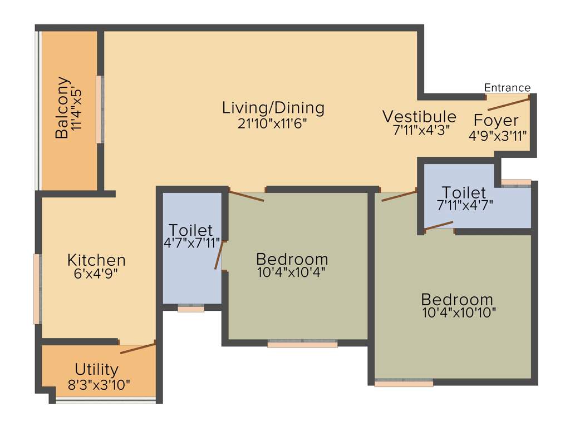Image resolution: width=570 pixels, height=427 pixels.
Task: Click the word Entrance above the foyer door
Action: (507, 88)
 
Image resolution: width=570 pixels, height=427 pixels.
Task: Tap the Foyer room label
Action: (496, 121)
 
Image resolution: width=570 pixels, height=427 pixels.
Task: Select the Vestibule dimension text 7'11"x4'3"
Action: (421, 131)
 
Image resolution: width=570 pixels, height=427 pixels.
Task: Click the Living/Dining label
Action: (273, 107)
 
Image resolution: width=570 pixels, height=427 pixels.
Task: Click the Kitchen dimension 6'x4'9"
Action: (96, 274)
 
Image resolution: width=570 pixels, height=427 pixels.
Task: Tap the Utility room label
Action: (97, 369)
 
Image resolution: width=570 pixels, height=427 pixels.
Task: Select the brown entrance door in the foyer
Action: (508, 103)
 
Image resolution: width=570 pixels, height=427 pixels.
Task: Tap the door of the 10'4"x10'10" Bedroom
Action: (399, 196)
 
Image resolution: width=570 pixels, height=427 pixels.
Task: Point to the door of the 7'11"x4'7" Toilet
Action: (439, 225)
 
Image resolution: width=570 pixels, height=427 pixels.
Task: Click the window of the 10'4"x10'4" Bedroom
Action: (302, 345)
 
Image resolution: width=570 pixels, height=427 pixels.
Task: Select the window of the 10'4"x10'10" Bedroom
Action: (404, 383)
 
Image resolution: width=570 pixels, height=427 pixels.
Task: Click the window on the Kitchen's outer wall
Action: (37, 289)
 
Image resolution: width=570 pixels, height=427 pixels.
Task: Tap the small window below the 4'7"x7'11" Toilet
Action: (191, 309)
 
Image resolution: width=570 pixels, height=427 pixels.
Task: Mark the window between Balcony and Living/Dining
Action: (100, 110)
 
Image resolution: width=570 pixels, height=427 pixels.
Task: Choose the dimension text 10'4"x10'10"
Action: (459, 312)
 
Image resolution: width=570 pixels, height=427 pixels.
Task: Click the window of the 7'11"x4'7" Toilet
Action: (515, 182)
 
